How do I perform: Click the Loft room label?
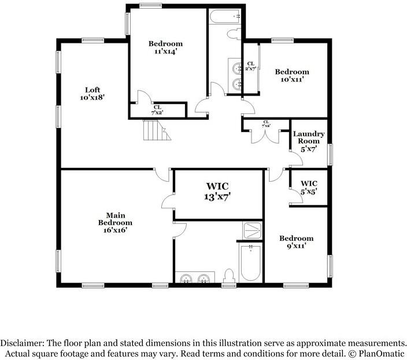pos(92,94)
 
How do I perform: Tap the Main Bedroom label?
pos(115,222)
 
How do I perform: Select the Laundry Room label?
pos(309,141)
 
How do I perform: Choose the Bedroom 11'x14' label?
pos(165,47)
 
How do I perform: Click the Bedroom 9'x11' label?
pos(296,242)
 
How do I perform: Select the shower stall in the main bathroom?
pos(251,230)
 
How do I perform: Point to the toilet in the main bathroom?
pos(229,275)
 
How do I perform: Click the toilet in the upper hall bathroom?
pos(234,34)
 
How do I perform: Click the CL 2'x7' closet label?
pos(251,66)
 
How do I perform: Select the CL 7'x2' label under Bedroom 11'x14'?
pos(157,109)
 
